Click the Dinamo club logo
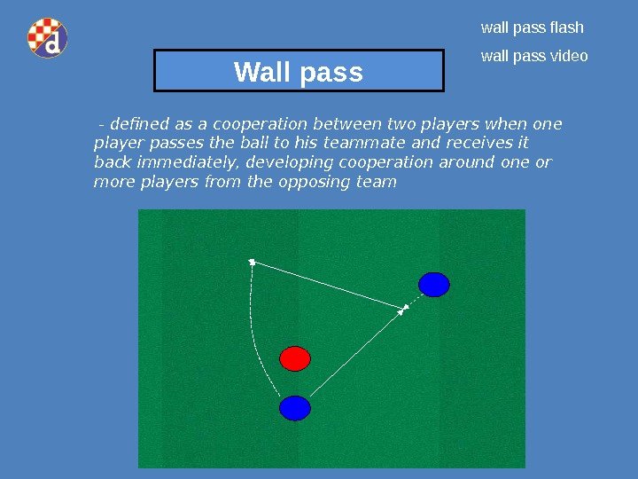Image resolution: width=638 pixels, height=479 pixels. tap(47, 38)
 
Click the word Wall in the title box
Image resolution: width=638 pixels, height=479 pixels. tap(264, 72)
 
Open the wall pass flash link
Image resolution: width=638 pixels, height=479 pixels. tap(532, 27)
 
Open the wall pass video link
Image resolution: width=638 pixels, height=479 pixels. tap(534, 56)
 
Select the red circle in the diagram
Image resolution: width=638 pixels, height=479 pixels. tap(295, 358)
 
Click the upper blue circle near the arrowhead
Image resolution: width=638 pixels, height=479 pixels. tap(434, 285)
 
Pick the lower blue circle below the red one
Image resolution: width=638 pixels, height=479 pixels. tap(295, 408)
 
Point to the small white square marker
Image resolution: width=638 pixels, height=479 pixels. tap(253, 262)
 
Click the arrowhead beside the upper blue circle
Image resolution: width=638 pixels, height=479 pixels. tap(404, 309)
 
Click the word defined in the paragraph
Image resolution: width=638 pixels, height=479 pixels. tap(136, 123)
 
